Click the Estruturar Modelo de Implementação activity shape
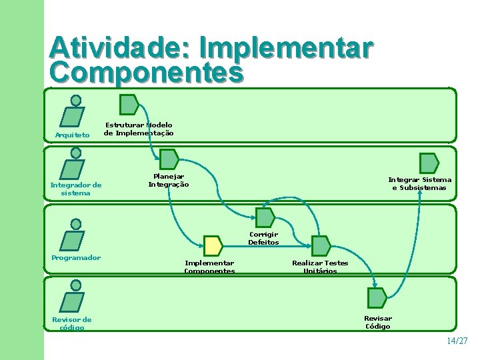(x=129, y=105)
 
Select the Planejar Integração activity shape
(x=169, y=159)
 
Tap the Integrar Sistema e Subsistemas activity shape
(x=429, y=163)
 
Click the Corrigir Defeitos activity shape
(x=265, y=217)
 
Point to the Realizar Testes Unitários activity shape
(x=321, y=246)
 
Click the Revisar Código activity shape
(x=377, y=298)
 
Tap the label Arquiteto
(x=72, y=135)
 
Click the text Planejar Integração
(x=169, y=180)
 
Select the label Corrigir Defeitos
(x=263, y=238)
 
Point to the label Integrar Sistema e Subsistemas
(x=419, y=183)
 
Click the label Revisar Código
(x=377, y=322)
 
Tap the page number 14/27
(x=457, y=341)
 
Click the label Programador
(x=76, y=258)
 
